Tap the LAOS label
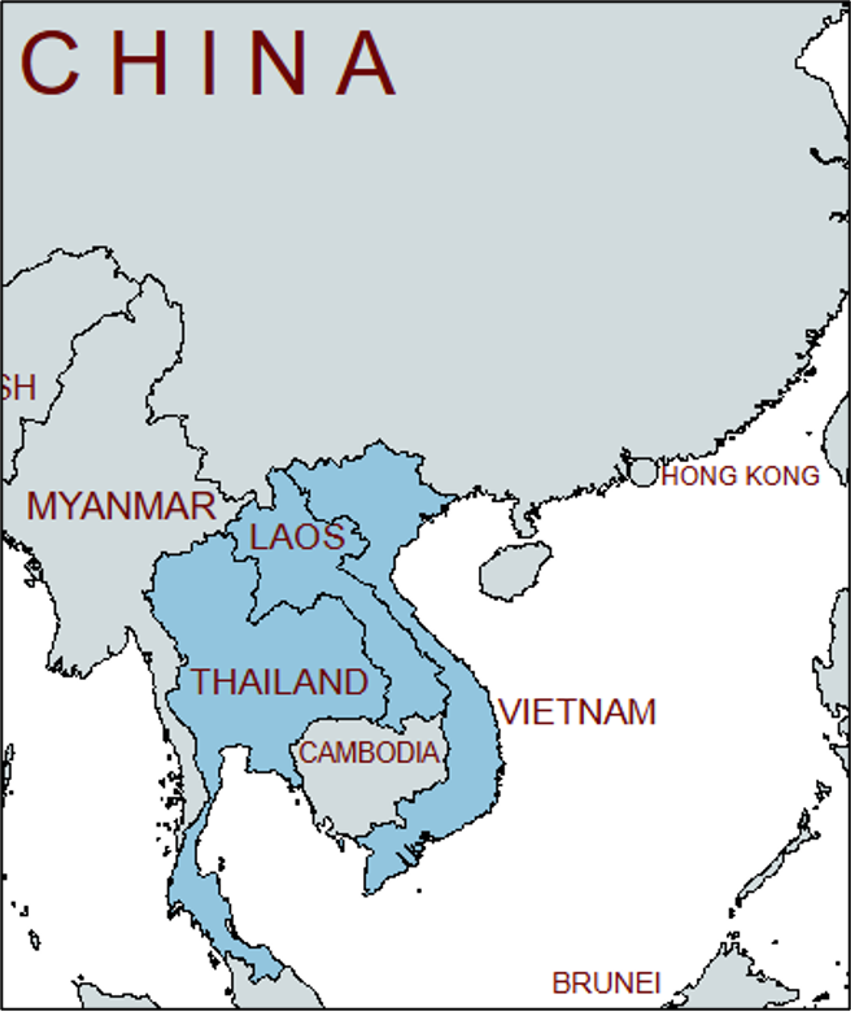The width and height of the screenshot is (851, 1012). tap(297, 537)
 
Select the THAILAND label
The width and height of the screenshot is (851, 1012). tap(280, 682)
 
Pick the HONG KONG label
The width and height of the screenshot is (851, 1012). tap(740, 476)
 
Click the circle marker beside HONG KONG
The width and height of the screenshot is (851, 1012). tap(643, 472)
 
